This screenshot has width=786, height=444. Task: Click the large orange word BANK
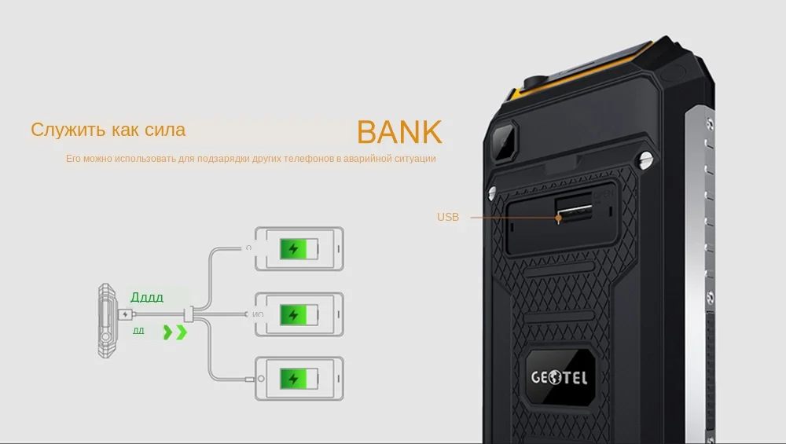coord(399,132)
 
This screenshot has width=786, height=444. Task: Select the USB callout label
coord(447,217)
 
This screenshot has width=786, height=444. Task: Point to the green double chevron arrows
coord(174,332)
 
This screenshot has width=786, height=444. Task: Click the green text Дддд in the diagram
coord(147,298)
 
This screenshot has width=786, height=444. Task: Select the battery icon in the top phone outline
coord(300,249)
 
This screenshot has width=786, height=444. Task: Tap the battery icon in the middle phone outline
coord(300,315)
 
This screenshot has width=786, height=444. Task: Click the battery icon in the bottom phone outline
coord(300,379)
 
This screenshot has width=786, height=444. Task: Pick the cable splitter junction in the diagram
coord(189,315)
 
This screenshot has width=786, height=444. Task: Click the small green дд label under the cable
coord(138,331)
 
